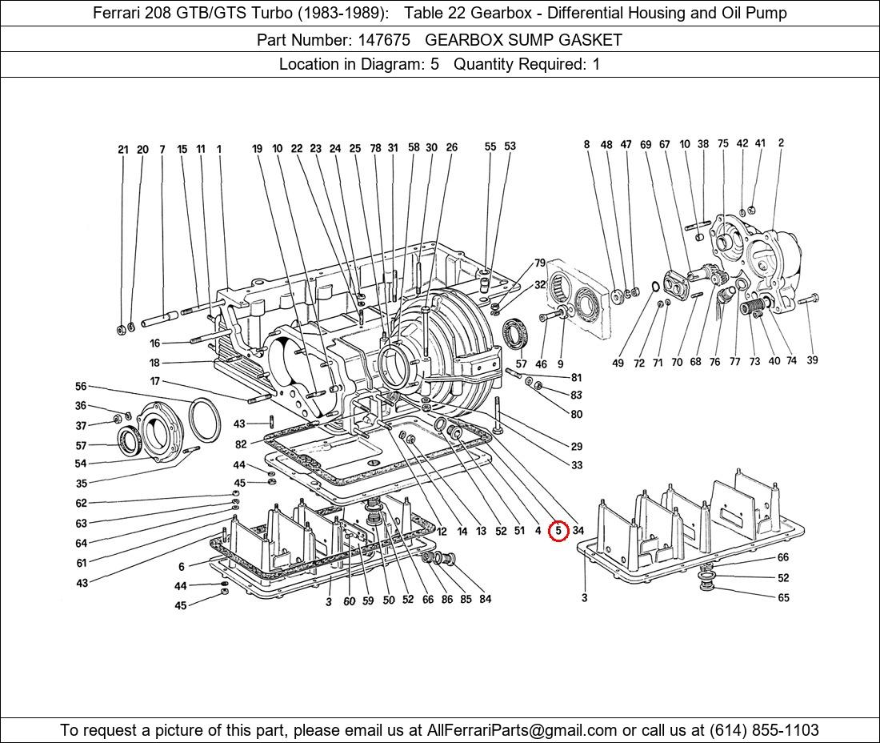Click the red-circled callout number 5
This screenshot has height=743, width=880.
558,531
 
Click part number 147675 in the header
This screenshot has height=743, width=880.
378,39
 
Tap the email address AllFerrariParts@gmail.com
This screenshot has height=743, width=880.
522,730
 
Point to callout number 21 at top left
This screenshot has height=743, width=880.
123,150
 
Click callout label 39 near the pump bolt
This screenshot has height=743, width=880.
812,360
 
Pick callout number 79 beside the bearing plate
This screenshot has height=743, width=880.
540,263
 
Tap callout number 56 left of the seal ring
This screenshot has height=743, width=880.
81,387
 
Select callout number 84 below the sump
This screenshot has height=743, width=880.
486,599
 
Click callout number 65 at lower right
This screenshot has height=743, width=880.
783,597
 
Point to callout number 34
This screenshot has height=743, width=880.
578,531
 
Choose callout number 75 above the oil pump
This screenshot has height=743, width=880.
723,144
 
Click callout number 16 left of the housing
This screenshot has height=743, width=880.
154,343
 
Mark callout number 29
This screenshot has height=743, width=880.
577,447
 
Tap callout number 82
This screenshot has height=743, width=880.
241,444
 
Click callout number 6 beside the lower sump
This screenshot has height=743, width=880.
182,567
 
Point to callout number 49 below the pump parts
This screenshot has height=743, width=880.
618,363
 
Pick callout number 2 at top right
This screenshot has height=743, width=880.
781,143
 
